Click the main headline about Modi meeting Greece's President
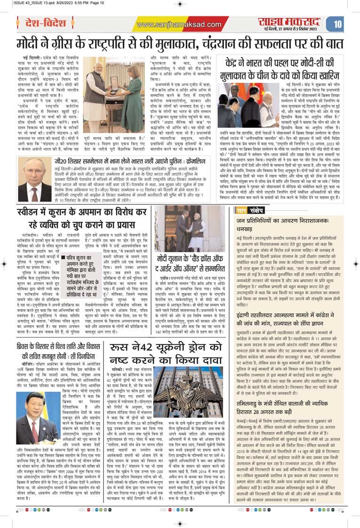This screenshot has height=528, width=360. click(x=179, y=45)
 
